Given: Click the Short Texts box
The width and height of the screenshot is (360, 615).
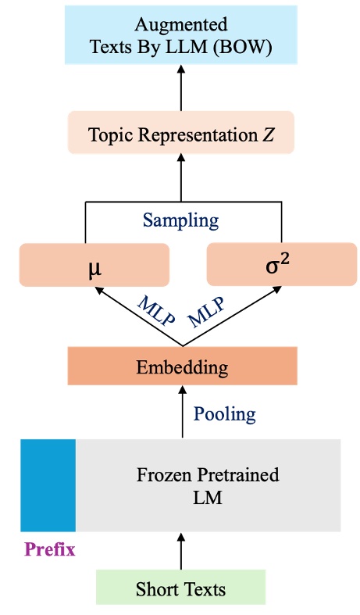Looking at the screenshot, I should click(x=180, y=588).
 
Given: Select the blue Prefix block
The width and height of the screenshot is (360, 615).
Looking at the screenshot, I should click(x=48, y=485).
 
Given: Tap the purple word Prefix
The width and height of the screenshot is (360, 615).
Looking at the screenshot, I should click(x=50, y=549).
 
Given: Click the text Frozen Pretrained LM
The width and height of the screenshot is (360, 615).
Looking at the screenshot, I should click(x=208, y=485).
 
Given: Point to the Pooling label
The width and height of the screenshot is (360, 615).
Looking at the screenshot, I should click(x=224, y=413).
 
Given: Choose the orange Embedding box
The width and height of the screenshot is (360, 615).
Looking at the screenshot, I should click(x=182, y=366).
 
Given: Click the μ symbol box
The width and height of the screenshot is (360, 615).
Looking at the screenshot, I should click(x=94, y=265).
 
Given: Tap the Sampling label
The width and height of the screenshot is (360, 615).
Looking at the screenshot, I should click(x=180, y=220).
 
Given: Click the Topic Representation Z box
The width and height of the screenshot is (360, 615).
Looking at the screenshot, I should click(x=180, y=134).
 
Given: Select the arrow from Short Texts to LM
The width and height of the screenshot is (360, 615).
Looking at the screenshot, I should click(x=181, y=551).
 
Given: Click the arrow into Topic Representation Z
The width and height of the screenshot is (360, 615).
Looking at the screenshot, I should click(x=181, y=176).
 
